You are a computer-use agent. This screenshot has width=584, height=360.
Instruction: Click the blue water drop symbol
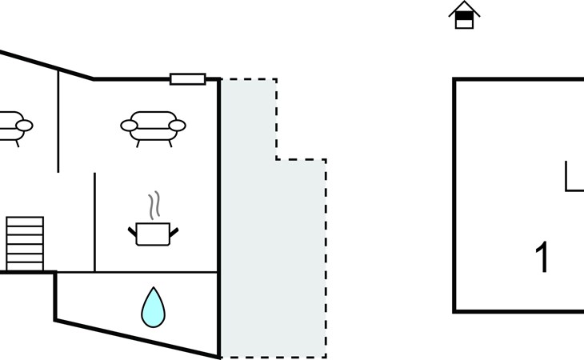pos(153,308)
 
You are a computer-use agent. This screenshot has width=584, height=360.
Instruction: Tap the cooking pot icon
pos(153,234)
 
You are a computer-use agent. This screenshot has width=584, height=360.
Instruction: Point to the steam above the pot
pos(154,205)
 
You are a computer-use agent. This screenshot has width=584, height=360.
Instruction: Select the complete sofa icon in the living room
pos(153,129)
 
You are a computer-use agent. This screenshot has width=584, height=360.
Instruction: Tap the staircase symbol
pos(25,244)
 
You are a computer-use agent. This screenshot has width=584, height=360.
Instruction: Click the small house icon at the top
pos(464,15)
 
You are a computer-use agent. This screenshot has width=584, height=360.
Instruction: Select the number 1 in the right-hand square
pos(542,257)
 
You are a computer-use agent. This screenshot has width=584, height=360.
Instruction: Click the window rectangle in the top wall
pos(188,79)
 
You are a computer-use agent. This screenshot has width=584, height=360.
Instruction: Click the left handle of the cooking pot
pos(133,231)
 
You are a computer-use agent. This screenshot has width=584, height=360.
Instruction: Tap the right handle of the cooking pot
pos(174,231)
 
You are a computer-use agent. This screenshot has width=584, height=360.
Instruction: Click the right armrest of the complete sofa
pos(178,126)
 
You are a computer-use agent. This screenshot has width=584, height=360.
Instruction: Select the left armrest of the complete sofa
pos(129,126)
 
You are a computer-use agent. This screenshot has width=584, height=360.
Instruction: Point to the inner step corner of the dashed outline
pos(276,160)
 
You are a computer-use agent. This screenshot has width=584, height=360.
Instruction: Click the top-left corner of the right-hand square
pos(454,79)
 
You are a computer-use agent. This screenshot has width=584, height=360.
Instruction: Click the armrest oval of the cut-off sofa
pos(25,126)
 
